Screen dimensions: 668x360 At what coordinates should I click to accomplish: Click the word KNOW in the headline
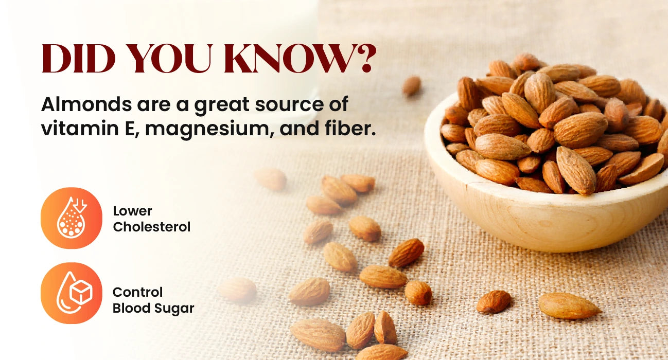coord(287,59)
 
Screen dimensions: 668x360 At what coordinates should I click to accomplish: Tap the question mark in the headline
coord(363,59)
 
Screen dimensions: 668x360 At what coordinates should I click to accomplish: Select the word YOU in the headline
coord(170,59)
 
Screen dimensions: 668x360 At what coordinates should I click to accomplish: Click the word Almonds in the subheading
coord(86,104)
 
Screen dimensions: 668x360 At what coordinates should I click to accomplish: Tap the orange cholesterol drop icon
coord(71,218)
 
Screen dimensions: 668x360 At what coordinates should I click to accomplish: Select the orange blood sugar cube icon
coord(71,293)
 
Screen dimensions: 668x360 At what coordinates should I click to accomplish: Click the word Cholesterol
coord(151,227)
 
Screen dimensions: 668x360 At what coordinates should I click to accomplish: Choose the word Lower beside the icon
coord(132,211)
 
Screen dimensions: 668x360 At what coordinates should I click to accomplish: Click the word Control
coord(137,292)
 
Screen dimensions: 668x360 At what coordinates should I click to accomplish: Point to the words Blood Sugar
coord(153,309)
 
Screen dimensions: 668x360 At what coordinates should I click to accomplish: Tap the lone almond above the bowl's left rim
coord(412,86)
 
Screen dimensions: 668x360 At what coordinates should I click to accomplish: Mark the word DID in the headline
coord(79,59)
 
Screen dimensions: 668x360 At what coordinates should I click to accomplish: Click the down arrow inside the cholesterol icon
coord(80,205)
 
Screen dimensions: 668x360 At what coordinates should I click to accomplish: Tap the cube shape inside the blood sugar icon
coord(81,292)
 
